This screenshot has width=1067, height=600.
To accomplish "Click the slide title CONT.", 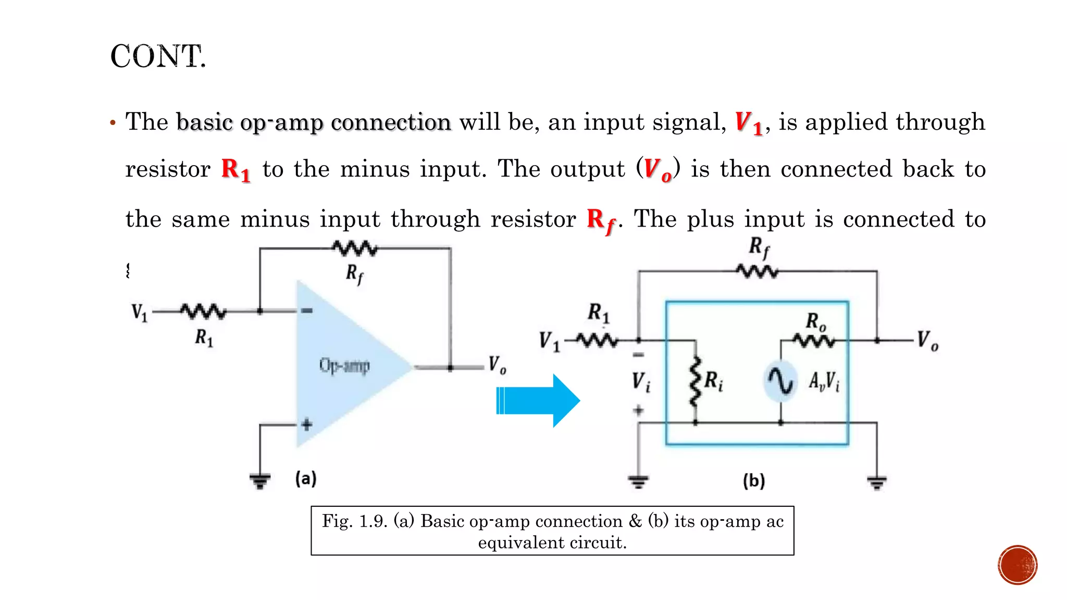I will point(158,56).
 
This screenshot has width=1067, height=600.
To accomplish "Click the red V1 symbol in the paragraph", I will point(749,123).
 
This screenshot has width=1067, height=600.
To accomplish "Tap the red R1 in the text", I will point(235,170).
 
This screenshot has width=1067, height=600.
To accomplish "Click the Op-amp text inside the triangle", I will point(344,366).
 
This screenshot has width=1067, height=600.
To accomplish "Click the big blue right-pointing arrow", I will point(538,401).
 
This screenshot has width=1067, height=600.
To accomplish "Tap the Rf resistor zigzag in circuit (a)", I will point(355,248).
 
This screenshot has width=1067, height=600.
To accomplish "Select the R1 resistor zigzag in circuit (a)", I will point(203,311).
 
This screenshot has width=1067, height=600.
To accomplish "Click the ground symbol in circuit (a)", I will point(259,480).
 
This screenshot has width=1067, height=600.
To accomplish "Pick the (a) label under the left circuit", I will point(306,478).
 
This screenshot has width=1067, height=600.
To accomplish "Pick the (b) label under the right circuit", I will point(754,480).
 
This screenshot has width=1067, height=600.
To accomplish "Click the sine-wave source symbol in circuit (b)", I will point(780,381).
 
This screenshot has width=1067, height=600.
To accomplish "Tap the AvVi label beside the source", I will point(824,382).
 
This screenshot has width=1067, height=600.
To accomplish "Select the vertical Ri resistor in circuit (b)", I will point(695,381).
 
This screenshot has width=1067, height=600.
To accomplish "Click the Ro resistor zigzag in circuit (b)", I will point(814,341).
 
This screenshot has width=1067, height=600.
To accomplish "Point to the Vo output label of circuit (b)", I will point(927,341).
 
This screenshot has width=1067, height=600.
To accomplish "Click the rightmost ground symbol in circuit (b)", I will point(877,482).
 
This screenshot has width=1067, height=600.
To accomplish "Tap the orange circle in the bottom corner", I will point(1018,565).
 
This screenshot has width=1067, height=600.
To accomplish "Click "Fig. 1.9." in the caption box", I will point(354,521).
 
